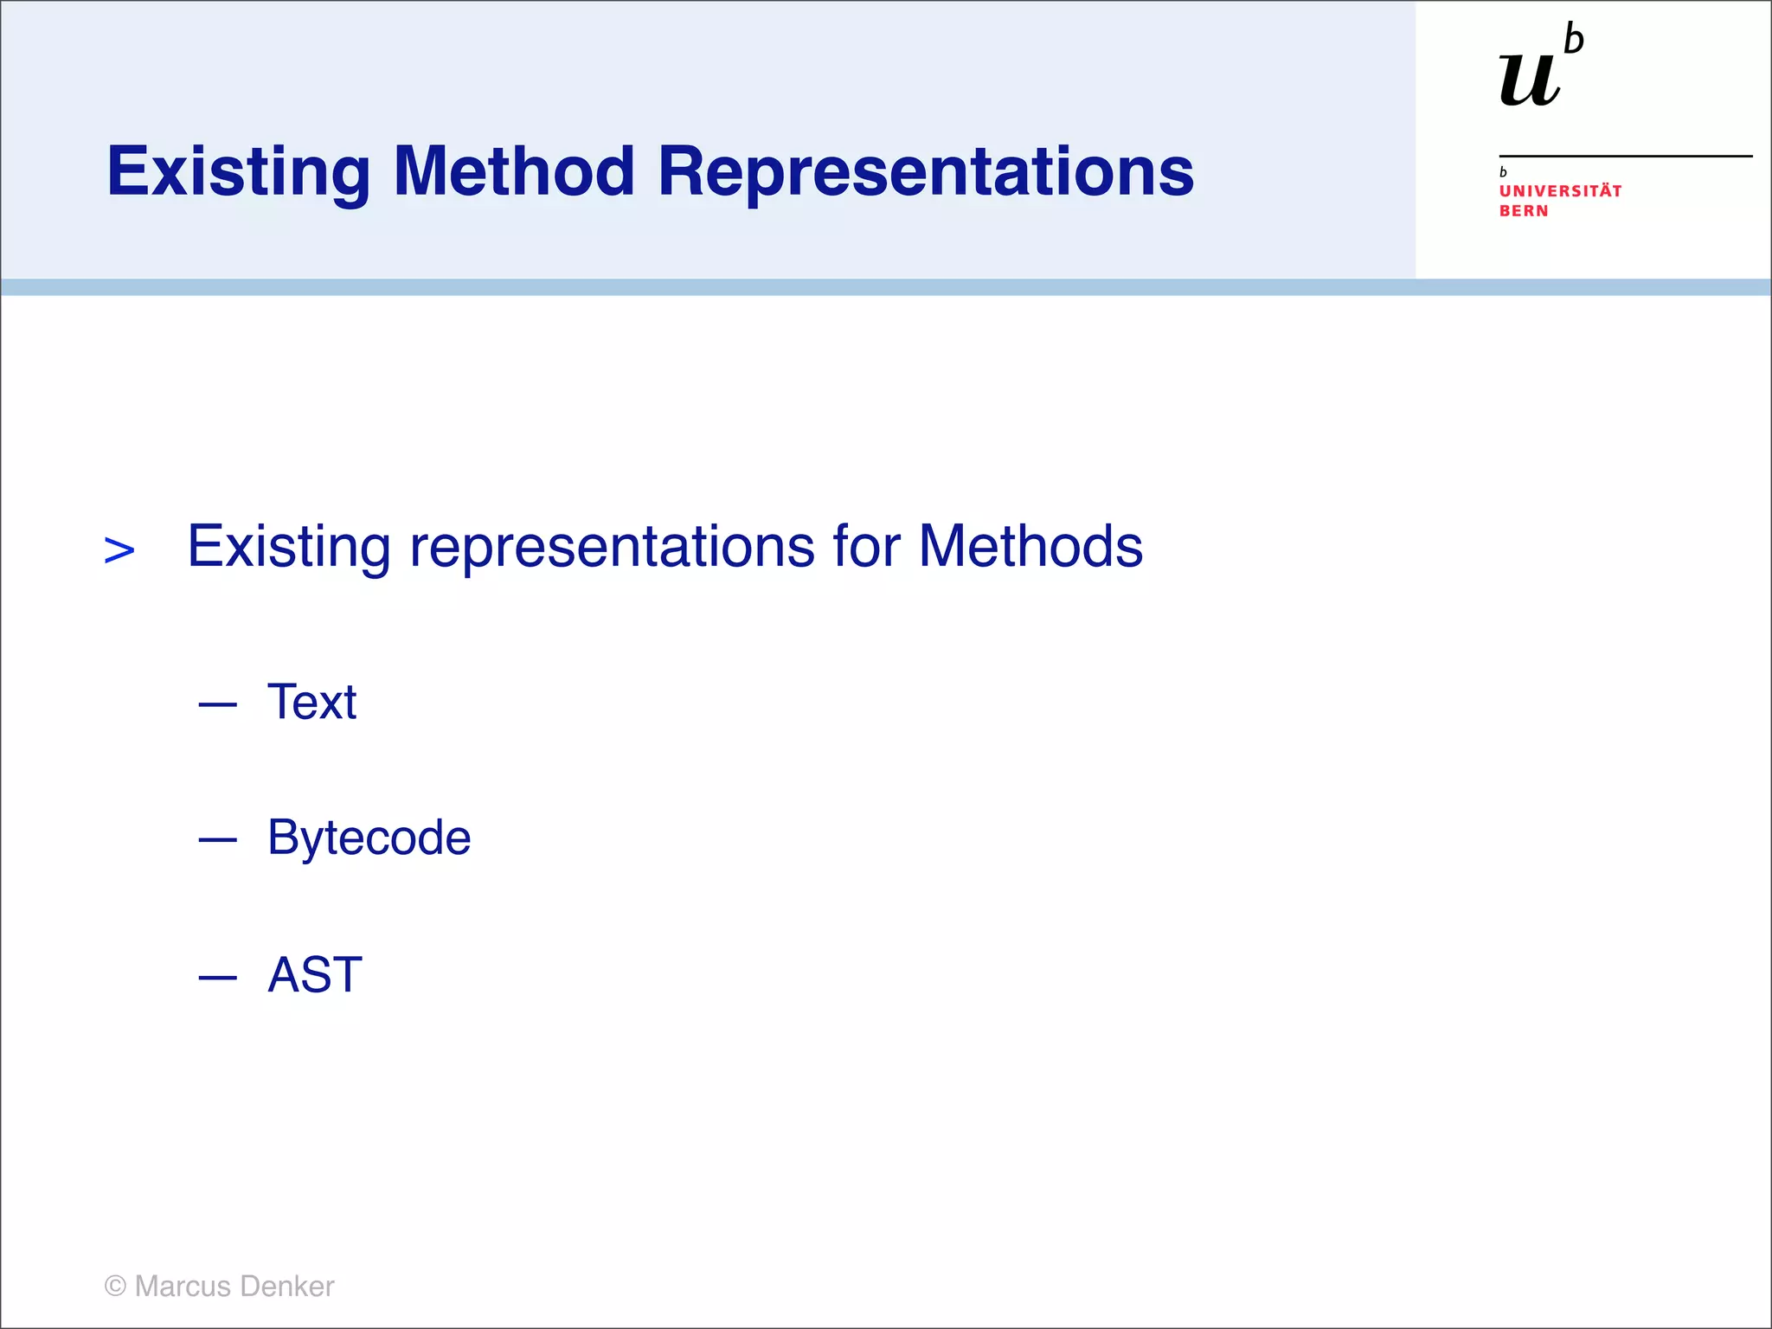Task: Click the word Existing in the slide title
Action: point(239,171)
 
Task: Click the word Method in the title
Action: point(515,171)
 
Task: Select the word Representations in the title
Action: point(925,171)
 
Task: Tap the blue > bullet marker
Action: point(119,550)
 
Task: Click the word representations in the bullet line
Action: point(612,547)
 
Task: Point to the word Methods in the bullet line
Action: point(1030,547)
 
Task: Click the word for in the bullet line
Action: point(866,547)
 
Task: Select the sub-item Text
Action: point(311,702)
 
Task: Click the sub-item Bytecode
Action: point(369,838)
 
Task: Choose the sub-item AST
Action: point(315,975)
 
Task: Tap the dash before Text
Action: point(217,705)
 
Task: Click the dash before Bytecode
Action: point(217,839)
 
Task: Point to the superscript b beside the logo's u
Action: point(1574,41)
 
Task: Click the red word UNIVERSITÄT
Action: point(1560,191)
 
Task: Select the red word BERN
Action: point(1524,211)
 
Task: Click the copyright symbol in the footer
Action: point(115,1287)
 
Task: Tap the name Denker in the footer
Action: point(286,1287)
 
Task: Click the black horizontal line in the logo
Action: point(1625,156)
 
